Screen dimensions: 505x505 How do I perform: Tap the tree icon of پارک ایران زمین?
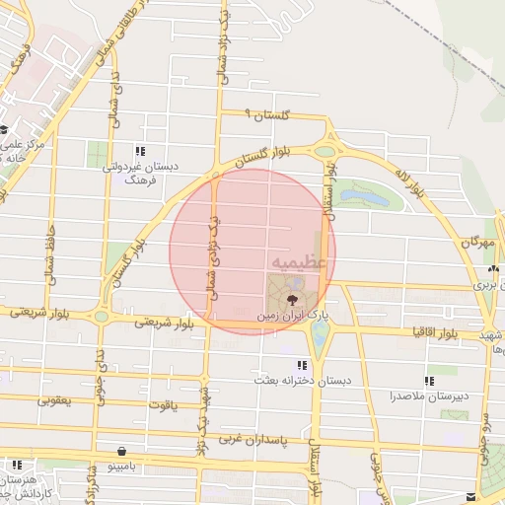(x=293, y=297)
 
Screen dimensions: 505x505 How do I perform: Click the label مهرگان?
(x=476, y=241)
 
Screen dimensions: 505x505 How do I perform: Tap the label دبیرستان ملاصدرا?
(x=430, y=396)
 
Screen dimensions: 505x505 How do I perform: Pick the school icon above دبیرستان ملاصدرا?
(x=430, y=381)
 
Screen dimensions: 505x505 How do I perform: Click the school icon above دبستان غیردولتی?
(x=140, y=151)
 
